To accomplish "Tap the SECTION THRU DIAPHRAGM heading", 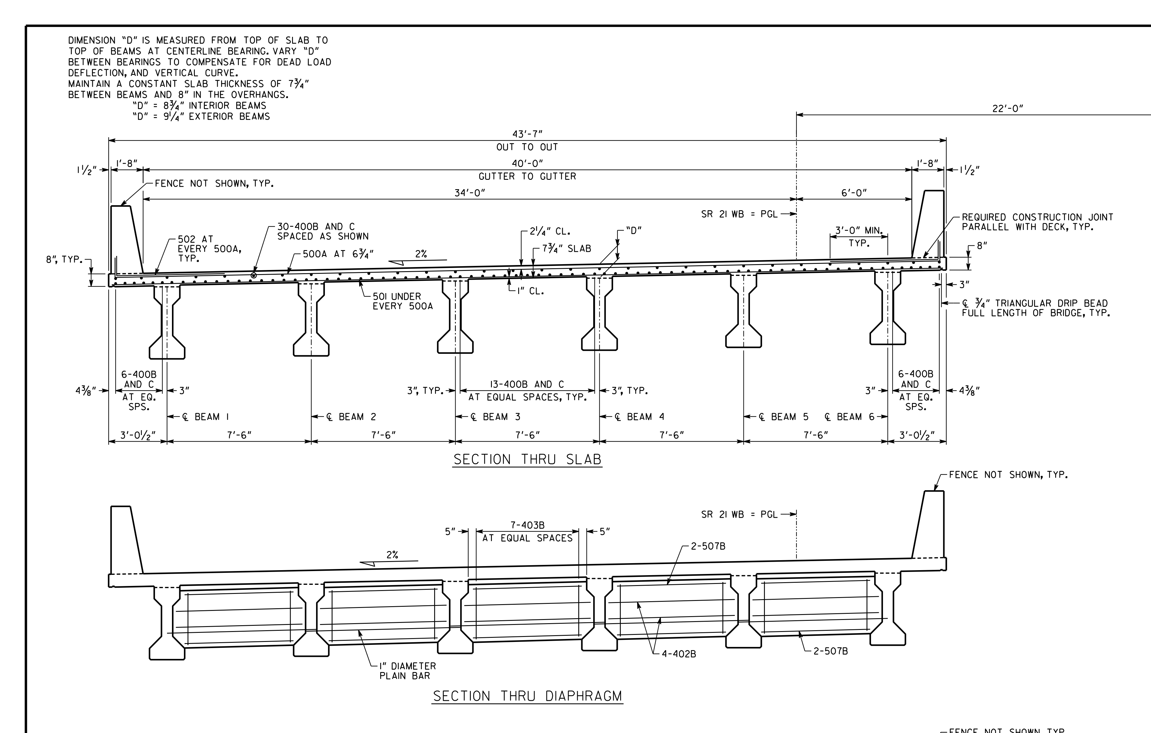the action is pyautogui.click(x=527, y=696).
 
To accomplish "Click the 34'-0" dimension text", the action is pyautogui.click(x=469, y=193).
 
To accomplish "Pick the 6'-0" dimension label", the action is pyautogui.click(x=854, y=193).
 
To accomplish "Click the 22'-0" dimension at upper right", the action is pyautogui.click(x=1008, y=108).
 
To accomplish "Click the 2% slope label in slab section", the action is pyautogui.click(x=421, y=254).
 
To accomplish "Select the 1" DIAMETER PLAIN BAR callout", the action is pyautogui.click(x=407, y=671).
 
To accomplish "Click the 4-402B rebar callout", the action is pyautogui.click(x=679, y=654).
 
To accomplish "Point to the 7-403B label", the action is pyautogui.click(x=527, y=525).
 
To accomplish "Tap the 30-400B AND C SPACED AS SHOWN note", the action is pyautogui.click(x=323, y=231).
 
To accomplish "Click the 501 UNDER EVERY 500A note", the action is pyautogui.click(x=403, y=301).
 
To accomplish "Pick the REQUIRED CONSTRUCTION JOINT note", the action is pyautogui.click(x=1038, y=222).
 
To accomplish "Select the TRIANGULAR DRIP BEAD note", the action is pyautogui.click(x=1035, y=308).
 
